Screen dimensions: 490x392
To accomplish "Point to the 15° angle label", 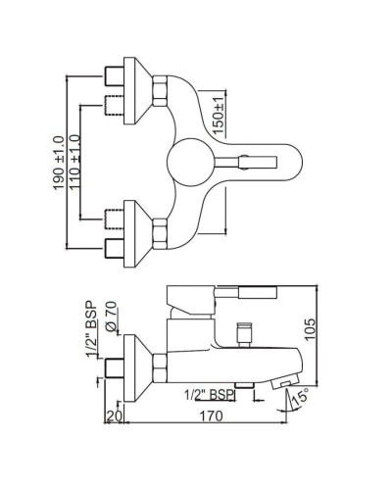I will pyautogui.click(x=300, y=400).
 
